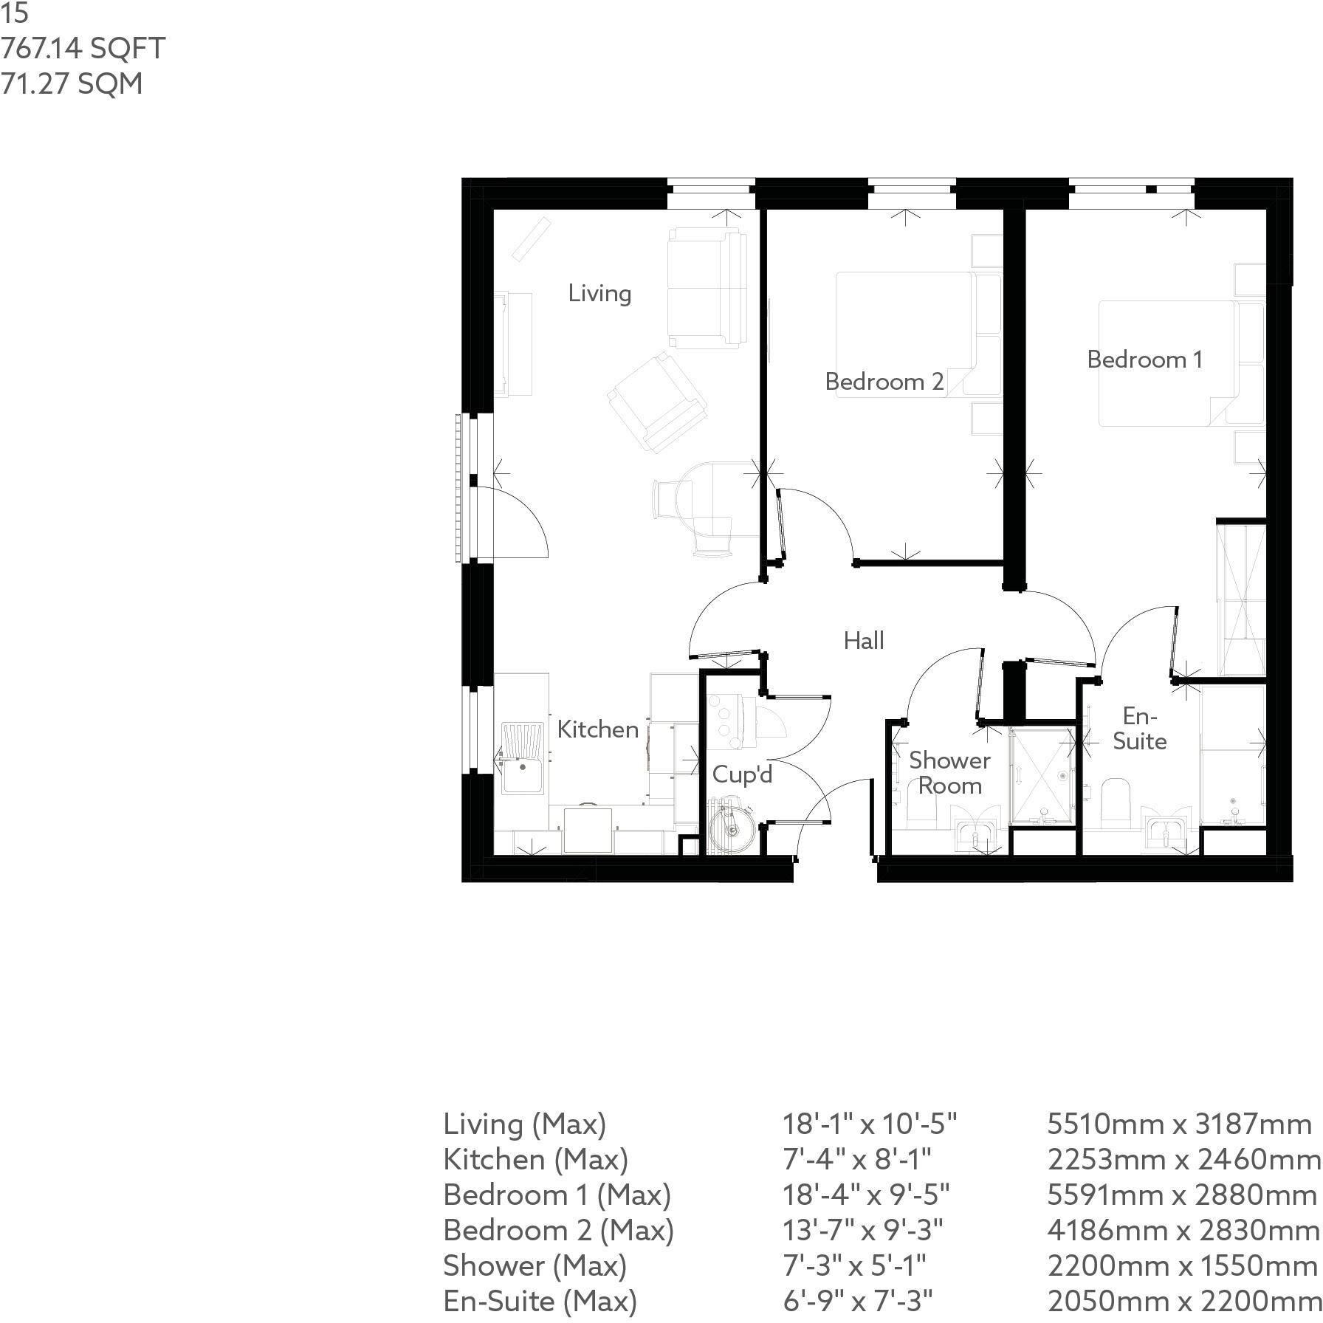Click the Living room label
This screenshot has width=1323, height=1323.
tap(599, 294)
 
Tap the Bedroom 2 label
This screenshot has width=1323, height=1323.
tap(884, 382)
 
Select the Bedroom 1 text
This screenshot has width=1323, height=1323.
tap(1144, 360)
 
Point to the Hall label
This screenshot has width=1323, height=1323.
tap(864, 640)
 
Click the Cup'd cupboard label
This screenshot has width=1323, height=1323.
tap(742, 774)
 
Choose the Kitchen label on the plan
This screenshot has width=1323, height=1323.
tap(597, 729)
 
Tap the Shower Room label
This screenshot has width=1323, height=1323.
tap(949, 772)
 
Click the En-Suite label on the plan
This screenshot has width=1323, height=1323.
tap(1139, 728)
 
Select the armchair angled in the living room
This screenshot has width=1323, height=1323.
tap(656, 402)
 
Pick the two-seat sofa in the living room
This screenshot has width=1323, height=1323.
tap(706, 287)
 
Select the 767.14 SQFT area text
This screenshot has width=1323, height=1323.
tap(83, 49)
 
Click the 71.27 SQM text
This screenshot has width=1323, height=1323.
tap(72, 83)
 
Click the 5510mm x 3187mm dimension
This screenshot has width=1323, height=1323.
tap(1179, 1124)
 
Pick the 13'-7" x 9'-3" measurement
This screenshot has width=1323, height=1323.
tap(862, 1230)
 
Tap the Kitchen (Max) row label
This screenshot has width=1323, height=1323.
tap(535, 1159)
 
